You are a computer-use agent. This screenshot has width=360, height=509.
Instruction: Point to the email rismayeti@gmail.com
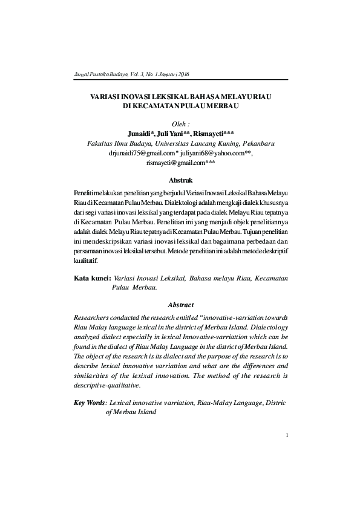pyautogui.click(x=180, y=163)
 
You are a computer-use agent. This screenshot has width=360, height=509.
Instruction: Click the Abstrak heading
pyautogui.click(x=181, y=180)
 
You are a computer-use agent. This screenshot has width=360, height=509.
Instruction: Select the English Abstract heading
pyautogui.click(x=181, y=305)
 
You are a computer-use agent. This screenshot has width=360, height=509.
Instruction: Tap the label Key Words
pyautogui.click(x=89, y=402)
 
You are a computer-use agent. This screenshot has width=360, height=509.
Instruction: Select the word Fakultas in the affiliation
pyautogui.click(x=102, y=143)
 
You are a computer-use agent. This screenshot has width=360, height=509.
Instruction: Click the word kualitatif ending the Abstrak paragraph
pyautogui.click(x=85, y=261)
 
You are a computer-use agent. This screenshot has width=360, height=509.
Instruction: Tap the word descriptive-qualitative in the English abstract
pyautogui.click(x=106, y=385)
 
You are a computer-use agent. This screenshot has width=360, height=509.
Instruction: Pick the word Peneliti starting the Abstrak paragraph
pyautogui.click(x=83, y=193)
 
